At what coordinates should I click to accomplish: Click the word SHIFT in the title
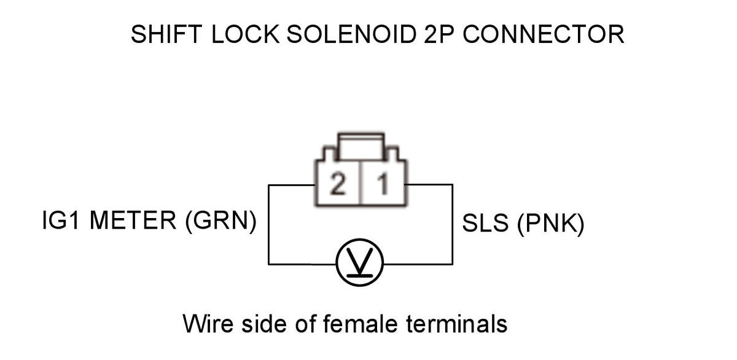click(166, 34)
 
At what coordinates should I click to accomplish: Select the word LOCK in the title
click(246, 34)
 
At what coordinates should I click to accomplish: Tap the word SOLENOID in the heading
click(352, 34)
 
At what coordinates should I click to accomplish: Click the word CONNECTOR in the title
click(544, 34)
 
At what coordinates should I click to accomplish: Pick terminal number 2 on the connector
click(338, 184)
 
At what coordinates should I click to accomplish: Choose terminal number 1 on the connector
click(383, 184)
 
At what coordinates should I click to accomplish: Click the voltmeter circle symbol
click(360, 262)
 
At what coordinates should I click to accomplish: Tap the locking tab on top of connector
click(361, 147)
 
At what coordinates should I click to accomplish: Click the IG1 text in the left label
click(61, 220)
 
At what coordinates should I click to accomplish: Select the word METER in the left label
click(133, 220)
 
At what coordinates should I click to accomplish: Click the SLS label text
click(485, 224)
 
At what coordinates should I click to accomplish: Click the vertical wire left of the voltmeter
click(269, 224)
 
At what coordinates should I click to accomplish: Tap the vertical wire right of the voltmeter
click(453, 224)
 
